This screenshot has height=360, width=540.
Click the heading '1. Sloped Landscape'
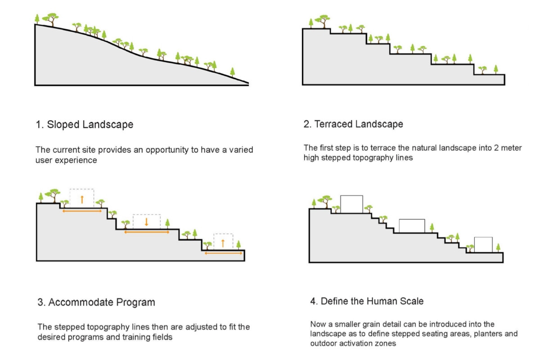(x=85, y=125)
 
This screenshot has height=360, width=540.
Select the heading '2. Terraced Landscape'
(x=353, y=124)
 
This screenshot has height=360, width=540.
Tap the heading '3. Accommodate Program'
(x=96, y=302)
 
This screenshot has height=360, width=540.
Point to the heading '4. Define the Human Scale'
(x=367, y=301)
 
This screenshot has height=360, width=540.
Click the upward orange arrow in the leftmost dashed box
(x=82, y=199)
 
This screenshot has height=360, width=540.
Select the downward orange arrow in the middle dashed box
(x=146, y=221)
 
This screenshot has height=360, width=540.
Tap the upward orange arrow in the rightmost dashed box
(x=223, y=243)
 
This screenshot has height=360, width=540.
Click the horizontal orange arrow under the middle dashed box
(x=147, y=232)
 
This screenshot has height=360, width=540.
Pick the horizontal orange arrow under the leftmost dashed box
(x=82, y=211)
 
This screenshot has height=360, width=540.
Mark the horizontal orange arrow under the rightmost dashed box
(x=223, y=253)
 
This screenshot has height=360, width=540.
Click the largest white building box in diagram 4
(x=351, y=204)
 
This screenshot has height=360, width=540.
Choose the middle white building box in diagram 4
(x=412, y=226)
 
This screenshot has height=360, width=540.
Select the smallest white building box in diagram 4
(x=483, y=245)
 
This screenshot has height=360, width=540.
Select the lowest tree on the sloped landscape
(x=232, y=72)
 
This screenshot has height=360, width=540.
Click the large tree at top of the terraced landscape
(x=323, y=21)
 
